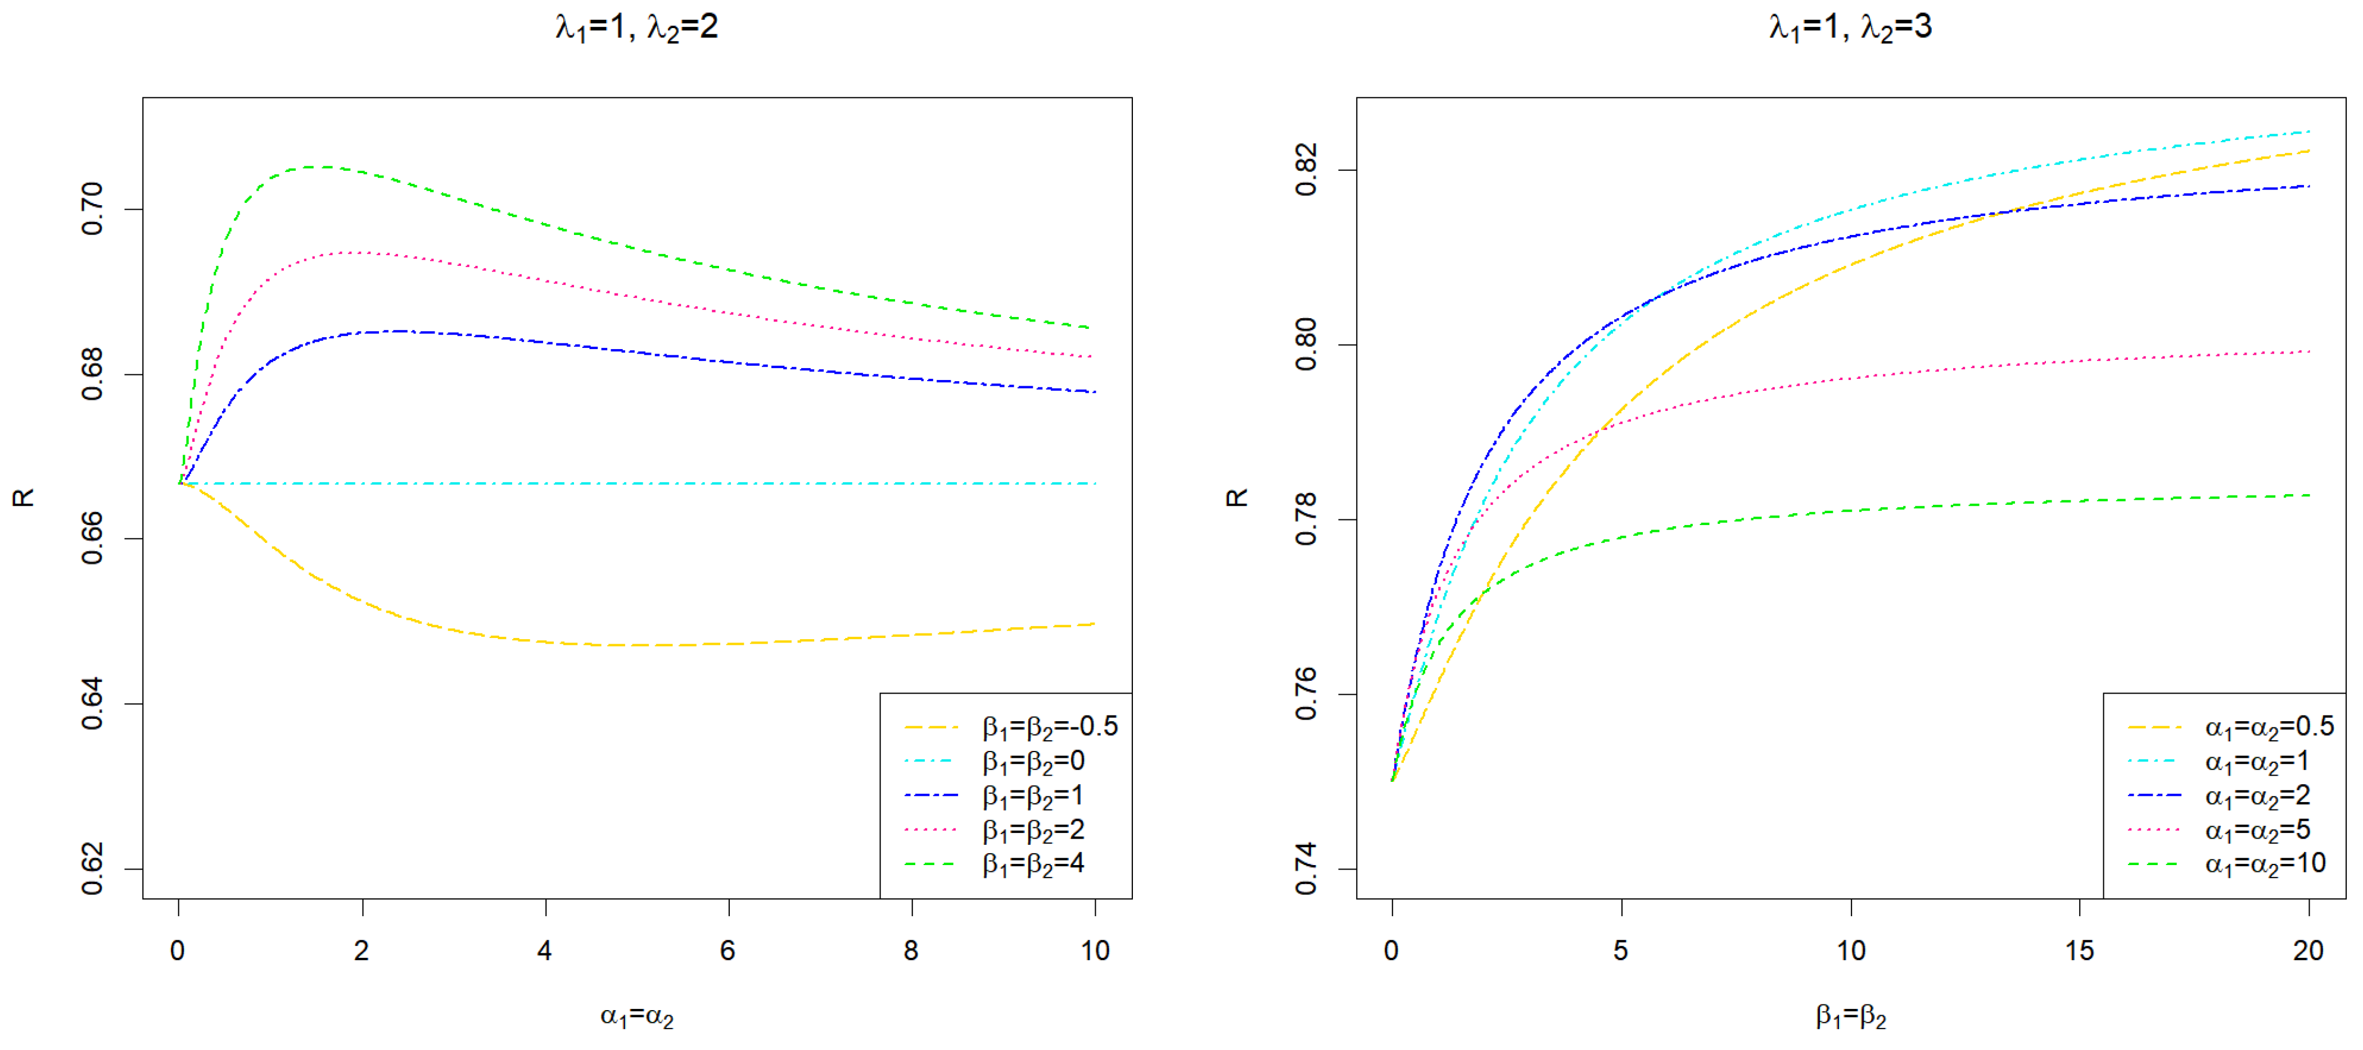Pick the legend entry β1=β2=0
(x=1033, y=761)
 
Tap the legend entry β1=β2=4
(x=1033, y=864)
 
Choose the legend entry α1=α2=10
(x=2265, y=864)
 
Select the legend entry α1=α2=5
(x=2257, y=830)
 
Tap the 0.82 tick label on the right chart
(x=1306, y=170)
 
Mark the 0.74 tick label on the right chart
(x=1306, y=868)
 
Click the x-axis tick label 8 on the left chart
(x=911, y=951)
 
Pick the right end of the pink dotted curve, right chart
(x=2307, y=352)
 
